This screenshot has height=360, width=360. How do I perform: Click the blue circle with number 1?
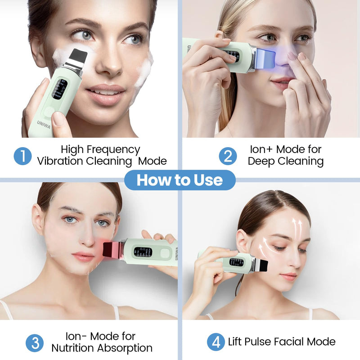[22, 156]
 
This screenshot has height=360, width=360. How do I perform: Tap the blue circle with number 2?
[228, 156]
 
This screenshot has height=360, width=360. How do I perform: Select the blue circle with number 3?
[35, 342]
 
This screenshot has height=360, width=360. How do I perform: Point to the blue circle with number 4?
[216, 342]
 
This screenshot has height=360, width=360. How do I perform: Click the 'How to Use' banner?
[180, 180]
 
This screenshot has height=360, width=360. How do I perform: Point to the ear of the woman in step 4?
[243, 242]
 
